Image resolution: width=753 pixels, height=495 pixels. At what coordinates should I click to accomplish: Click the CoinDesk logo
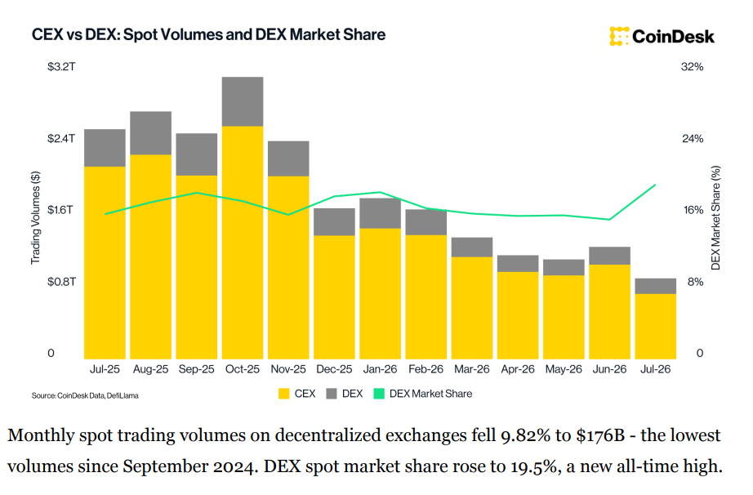[662, 37]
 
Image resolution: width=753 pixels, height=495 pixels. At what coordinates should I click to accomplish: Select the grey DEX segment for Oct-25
[243, 101]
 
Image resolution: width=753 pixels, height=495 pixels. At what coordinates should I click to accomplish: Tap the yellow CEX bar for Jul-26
[656, 326]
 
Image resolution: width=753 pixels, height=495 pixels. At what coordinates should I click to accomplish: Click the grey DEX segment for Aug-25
[151, 133]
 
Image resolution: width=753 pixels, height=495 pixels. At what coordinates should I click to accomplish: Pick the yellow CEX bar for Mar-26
[472, 308]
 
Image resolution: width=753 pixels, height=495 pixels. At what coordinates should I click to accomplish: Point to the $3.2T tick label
[61, 67]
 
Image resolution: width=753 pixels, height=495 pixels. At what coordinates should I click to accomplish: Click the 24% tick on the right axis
[693, 139]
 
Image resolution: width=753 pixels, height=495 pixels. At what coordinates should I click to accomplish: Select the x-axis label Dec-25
[334, 369]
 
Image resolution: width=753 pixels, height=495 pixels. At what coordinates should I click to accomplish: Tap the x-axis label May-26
[564, 369]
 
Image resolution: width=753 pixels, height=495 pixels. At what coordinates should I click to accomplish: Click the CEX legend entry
[296, 394]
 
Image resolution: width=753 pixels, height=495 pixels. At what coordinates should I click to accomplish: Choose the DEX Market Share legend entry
[422, 394]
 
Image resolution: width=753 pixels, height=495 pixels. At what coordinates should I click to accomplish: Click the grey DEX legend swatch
[332, 394]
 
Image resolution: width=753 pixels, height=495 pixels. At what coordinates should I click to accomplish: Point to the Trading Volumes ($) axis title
[36, 217]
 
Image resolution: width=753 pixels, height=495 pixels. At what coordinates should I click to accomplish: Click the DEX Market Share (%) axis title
[715, 218]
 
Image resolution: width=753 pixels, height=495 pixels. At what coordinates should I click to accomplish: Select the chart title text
[208, 34]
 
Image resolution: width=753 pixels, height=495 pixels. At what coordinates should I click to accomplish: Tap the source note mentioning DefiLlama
[85, 395]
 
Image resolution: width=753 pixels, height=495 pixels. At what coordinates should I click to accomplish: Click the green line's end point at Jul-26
[656, 185]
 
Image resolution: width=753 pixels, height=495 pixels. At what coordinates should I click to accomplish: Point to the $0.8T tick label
[61, 282]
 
